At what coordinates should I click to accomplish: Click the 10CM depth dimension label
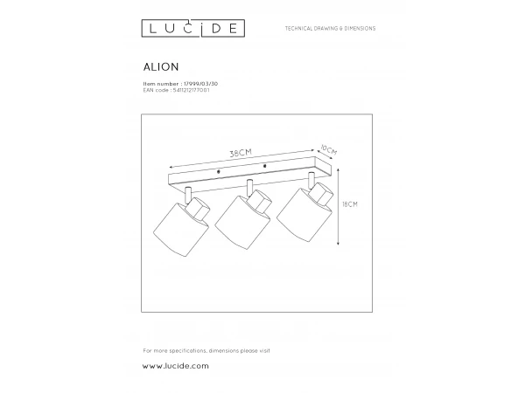[329, 149]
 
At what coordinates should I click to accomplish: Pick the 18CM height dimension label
[352, 204]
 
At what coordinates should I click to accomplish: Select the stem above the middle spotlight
[249, 185]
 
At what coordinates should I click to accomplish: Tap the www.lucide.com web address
[176, 366]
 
